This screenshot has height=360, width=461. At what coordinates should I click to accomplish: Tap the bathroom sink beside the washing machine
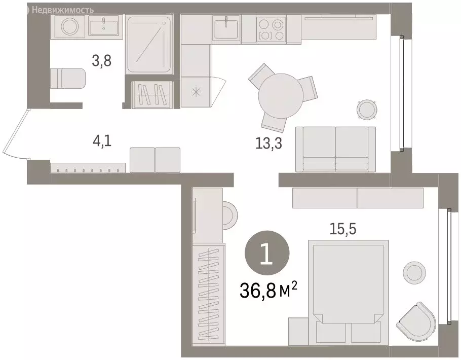[104, 25]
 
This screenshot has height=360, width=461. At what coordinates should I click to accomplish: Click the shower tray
[150, 45]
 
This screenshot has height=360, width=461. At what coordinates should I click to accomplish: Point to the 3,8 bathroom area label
[100, 61]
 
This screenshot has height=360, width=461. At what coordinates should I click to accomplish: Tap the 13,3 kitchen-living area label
[268, 143]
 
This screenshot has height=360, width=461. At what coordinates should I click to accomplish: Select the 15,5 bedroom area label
[342, 229]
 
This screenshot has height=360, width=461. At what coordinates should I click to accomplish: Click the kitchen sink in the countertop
[226, 27]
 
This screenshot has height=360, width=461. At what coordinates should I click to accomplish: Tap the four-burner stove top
[272, 28]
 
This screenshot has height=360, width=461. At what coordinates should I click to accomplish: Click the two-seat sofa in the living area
[335, 149]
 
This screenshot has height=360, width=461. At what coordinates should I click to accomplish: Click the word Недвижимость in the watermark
[64, 9]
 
